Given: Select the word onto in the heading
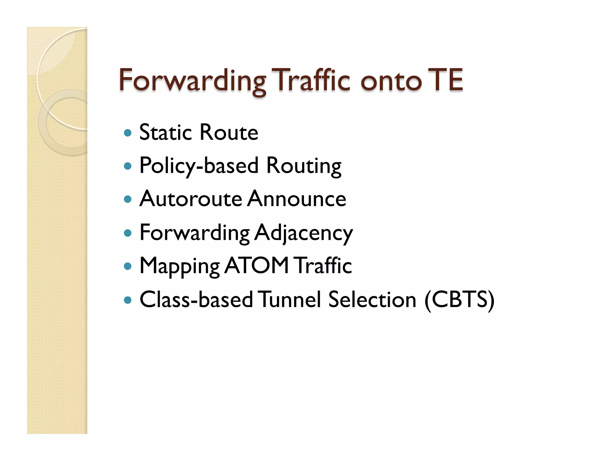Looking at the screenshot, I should pos(391,82).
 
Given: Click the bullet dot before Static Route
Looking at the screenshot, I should pos(128,133).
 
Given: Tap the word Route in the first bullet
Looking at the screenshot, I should pos(229,133).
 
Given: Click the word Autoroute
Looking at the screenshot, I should pos(191,199).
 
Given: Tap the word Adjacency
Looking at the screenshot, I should pos(303,233).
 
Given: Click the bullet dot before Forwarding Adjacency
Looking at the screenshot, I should pos(128,233).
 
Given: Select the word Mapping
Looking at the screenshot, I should pos(180,266).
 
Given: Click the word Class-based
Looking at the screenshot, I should pos(196,300).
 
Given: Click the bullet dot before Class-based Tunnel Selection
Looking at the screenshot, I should pos(128,300).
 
